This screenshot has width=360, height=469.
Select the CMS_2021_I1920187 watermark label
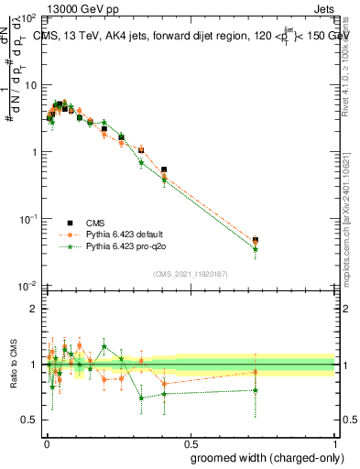[x=190, y=274]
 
